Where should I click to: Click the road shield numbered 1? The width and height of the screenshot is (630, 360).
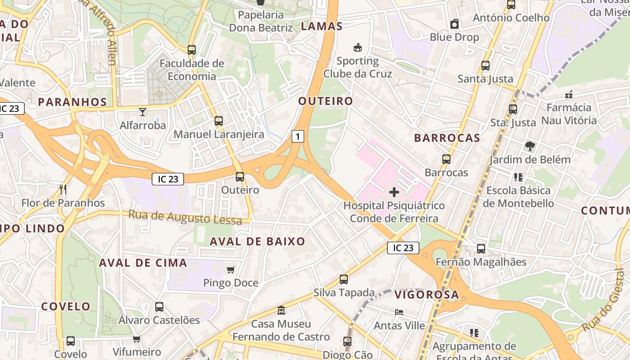(297, 136)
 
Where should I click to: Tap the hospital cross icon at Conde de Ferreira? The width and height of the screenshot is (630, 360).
(394, 193)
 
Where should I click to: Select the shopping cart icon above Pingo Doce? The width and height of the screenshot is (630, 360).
(231, 270)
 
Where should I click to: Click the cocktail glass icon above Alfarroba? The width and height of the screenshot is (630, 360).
(143, 112)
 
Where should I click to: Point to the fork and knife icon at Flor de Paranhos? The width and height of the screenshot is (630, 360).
(63, 189)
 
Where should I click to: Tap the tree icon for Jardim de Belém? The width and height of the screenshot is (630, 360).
(530, 146)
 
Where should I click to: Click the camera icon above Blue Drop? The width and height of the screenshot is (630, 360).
(454, 24)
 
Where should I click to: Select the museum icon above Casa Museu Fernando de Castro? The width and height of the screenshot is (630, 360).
(281, 310)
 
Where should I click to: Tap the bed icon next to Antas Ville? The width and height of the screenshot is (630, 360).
(399, 312)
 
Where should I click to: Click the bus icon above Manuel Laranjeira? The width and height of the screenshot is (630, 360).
(219, 121)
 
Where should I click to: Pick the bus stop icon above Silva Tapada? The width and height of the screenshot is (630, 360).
(344, 279)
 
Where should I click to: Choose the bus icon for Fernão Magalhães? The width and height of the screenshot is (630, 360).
(481, 248)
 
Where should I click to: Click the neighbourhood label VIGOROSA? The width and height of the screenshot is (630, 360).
(427, 295)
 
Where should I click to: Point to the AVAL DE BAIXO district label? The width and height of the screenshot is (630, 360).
(257, 241)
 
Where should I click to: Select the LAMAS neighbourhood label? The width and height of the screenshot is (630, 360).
(322, 26)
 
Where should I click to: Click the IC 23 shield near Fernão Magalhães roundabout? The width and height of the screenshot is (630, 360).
(403, 248)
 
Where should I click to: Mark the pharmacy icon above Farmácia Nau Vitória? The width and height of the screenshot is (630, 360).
(569, 94)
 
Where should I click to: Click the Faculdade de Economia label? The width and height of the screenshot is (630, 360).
(192, 70)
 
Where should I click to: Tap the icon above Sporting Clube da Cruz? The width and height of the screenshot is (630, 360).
(358, 47)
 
